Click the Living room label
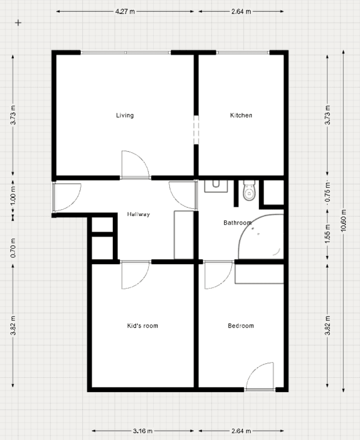125,116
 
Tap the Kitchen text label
241,116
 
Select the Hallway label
139,214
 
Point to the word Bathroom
237,223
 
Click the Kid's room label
143,326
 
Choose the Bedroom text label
241,326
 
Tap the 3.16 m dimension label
143,431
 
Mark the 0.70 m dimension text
13,249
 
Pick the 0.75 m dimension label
328,193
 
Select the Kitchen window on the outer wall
243,53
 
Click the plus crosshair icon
18,23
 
